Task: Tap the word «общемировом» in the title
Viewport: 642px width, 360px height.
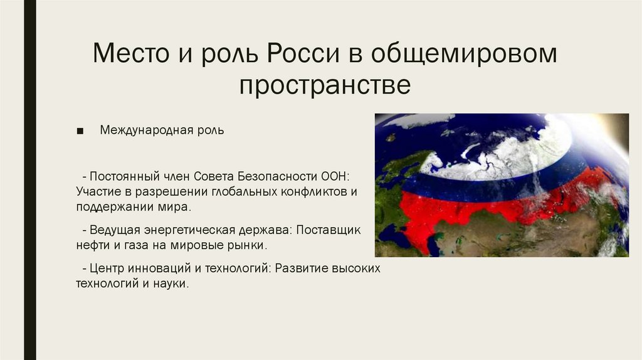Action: pyautogui.click(x=463, y=54)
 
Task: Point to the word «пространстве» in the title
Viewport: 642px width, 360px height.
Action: pyautogui.click(x=324, y=85)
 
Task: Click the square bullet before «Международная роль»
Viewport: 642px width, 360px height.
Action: pyautogui.click(x=79, y=131)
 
